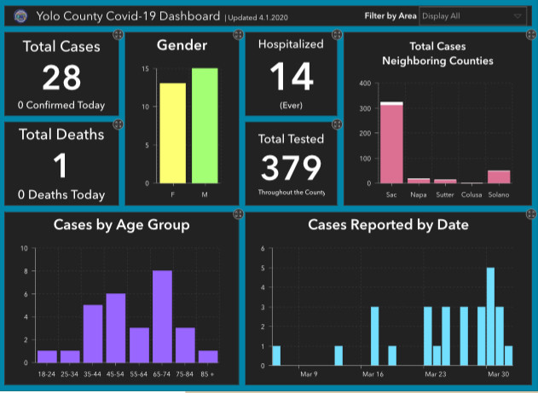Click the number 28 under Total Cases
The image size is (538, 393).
pyautogui.click(x=61, y=78)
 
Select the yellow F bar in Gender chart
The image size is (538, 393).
pyautogui.click(x=172, y=133)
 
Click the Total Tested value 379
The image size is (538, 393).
pyautogui.click(x=292, y=168)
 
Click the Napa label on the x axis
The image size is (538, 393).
pyautogui.click(x=418, y=194)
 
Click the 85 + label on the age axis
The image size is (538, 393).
pyautogui.click(x=208, y=373)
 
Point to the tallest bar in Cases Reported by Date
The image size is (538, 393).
pyautogui.click(x=490, y=316)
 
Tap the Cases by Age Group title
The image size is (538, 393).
pyautogui.click(x=121, y=226)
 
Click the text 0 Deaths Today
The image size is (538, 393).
pyautogui.click(x=61, y=194)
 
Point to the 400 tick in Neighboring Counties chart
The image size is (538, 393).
pyautogui.click(x=363, y=84)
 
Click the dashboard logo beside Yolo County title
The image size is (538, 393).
pyautogui.click(x=20, y=15)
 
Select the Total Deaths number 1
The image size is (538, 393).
pyautogui.click(x=61, y=165)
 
